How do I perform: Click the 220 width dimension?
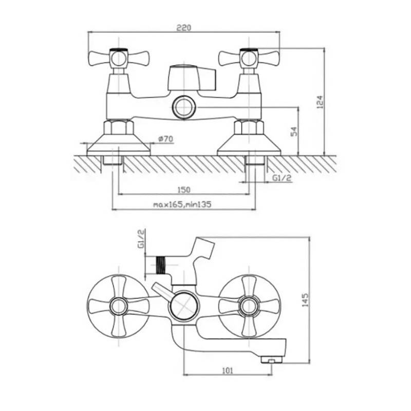(183, 28)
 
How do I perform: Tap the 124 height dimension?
(320, 102)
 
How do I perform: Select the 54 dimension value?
(294, 132)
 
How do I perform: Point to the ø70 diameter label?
(166, 139)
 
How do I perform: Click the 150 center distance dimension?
(184, 190)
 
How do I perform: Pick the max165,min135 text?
(182, 204)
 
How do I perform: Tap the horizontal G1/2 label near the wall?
(282, 178)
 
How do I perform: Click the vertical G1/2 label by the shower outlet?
(141, 239)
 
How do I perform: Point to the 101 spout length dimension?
(227, 370)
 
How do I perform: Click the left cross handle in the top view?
(119, 58)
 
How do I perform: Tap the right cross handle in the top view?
(249, 58)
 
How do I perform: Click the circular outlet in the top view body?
(184, 107)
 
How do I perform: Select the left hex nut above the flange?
(119, 127)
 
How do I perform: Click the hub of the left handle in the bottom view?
(119, 306)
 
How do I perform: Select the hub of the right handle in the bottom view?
(249, 306)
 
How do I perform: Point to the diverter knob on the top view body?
(191, 78)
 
